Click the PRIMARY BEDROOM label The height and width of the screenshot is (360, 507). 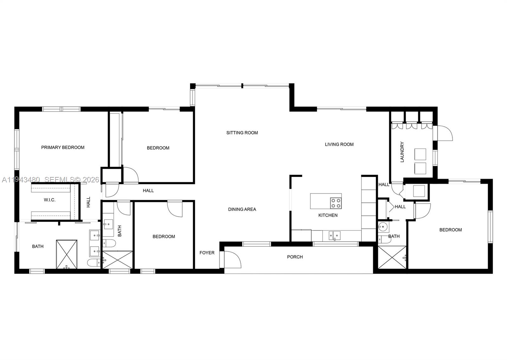[x=63, y=148]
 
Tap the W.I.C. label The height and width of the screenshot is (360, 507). [x=49, y=200]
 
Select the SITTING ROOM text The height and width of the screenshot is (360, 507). [x=242, y=133]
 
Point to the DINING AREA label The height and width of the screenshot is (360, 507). [x=242, y=209]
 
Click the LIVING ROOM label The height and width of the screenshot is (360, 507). [x=339, y=144]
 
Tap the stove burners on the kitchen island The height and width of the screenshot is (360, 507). [x=336, y=203]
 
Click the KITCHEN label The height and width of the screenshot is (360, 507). [x=328, y=215]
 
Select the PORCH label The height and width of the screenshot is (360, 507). [x=295, y=257]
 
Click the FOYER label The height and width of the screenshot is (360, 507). [x=207, y=253]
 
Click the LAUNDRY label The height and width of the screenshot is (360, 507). [x=402, y=152]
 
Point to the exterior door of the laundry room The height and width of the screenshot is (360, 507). [x=445, y=133]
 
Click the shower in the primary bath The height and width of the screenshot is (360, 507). [x=67, y=254]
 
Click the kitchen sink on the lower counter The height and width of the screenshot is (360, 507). [x=334, y=235]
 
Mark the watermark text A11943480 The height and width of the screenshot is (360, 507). [x=21, y=180]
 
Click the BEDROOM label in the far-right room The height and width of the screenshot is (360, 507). [x=450, y=230]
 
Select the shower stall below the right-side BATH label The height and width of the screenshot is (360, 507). [x=392, y=257]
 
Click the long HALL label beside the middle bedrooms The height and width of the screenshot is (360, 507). [x=148, y=191]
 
